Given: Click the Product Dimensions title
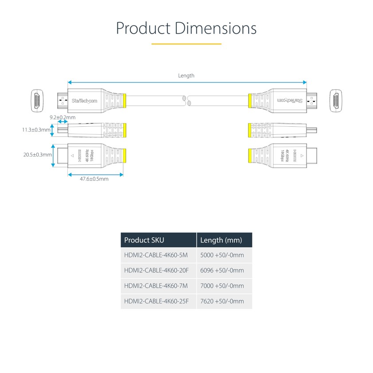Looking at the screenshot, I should click(x=186, y=28).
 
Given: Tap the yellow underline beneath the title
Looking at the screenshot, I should click(x=186, y=44).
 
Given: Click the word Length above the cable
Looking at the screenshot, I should click(x=186, y=76).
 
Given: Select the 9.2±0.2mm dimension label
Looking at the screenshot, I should click(x=62, y=117).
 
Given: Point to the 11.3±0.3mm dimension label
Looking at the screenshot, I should click(x=36, y=130).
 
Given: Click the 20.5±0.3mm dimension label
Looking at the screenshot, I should click(x=38, y=155).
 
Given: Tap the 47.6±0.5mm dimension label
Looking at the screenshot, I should click(x=94, y=179).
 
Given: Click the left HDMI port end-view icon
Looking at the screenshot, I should click(x=35, y=101).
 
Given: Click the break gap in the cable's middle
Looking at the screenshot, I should click(x=186, y=101).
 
